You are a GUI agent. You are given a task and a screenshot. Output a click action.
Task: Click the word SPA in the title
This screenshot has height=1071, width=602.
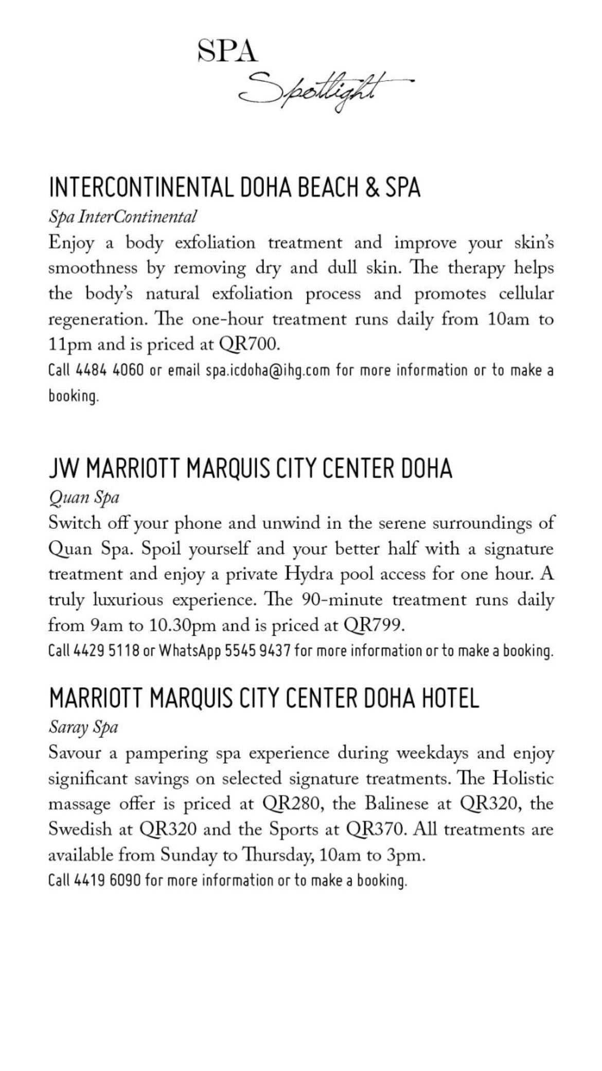pyautogui.click(x=227, y=52)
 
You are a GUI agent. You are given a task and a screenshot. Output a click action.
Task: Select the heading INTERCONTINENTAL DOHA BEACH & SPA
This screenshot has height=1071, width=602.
pyautogui.click(x=235, y=187)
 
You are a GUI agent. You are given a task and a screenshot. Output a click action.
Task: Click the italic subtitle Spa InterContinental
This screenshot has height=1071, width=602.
pyautogui.click(x=122, y=217)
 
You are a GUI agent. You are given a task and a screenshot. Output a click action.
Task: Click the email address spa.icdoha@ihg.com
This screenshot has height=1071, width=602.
pyautogui.click(x=268, y=371)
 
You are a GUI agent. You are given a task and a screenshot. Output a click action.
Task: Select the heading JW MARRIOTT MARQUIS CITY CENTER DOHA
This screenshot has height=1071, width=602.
pyautogui.click(x=251, y=469)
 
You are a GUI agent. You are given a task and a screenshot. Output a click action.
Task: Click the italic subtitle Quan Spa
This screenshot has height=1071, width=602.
pyautogui.click(x=84, y=498)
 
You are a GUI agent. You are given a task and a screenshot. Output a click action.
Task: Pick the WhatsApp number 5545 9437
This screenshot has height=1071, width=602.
pyautogui.click(x=258, y=651)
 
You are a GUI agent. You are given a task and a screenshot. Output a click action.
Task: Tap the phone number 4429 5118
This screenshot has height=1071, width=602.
pyautogui.click(x=107, y=651)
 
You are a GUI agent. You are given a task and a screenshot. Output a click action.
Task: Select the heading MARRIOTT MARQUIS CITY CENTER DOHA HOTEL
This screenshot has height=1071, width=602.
pyautogui.click(x=264, y=699)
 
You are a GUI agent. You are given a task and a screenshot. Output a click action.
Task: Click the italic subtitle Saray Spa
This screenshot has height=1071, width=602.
pyautogui.click(x=83, y=728)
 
